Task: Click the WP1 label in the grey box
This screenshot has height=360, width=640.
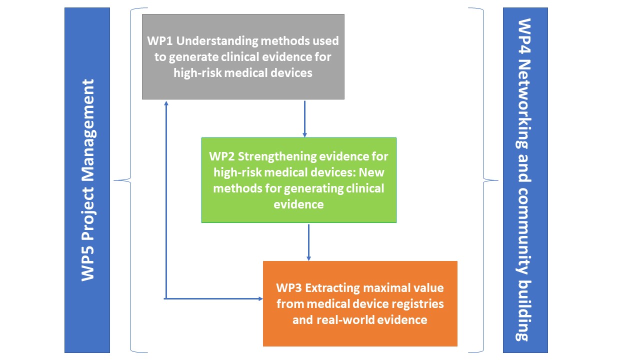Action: coord(158,40)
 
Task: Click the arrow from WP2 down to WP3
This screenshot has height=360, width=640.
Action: coord(308,242)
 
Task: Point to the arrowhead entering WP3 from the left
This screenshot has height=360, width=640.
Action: coord(259,298)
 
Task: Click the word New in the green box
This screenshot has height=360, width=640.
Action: coord(370,172)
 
